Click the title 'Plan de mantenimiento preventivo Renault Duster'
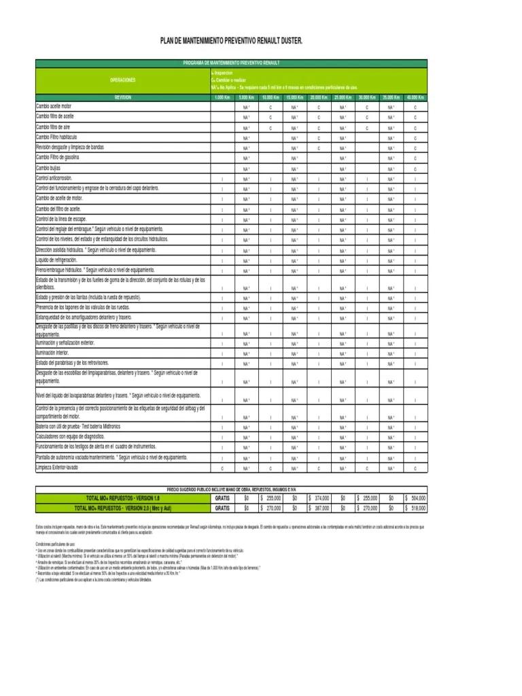tap(231, 41)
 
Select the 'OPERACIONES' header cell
tap(123, 80)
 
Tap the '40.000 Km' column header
tap(415, 98)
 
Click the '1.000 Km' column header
tap(222, 98)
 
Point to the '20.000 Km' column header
tap(319, 98)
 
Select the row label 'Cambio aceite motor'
tap(54, 107)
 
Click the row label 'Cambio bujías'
tap(50, 168)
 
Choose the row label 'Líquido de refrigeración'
tap(56, 260)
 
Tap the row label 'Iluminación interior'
tap(53, 353)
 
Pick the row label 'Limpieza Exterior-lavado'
tap(58, 468)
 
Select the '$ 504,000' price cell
tap(415, 498)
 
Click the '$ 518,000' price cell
tap(415, 508)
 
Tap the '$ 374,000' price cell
tap(319, 498)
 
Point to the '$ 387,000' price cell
tap(319, 508)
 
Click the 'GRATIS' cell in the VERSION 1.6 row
tap(222, 498)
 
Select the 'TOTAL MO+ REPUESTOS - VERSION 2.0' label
tap(123, 508)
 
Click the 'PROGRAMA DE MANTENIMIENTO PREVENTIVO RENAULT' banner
tap(232, 63)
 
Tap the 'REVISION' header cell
tap(123, 98)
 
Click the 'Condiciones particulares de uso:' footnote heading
tap(55, 544)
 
